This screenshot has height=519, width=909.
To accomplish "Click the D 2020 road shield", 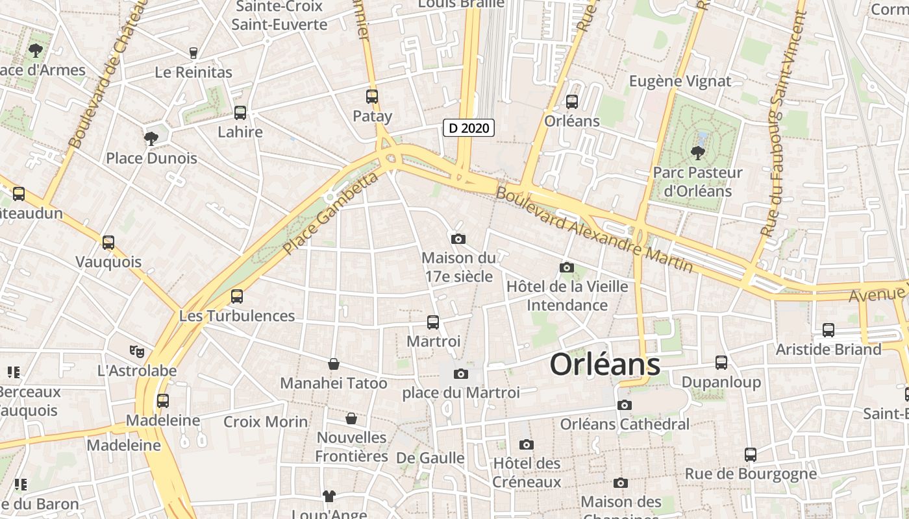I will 469,128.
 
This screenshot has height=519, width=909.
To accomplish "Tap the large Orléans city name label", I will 605,365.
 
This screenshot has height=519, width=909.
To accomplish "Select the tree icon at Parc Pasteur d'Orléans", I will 698,153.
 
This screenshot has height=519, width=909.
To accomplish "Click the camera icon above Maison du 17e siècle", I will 458,239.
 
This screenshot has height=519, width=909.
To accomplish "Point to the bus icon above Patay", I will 372,97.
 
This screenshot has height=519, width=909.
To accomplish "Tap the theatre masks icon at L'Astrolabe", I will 136,352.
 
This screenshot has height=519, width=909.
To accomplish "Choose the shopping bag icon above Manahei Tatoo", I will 334,364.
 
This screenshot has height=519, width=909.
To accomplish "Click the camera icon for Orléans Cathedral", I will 625,405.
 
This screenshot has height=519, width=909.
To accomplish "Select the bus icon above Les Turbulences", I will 237,296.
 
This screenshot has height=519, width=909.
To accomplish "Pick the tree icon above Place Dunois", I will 151,138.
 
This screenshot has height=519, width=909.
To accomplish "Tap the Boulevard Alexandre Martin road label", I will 594,229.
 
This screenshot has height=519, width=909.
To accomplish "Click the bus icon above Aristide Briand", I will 828,330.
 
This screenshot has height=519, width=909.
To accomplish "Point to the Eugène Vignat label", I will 680,81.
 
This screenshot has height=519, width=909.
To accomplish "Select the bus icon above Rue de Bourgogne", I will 751,454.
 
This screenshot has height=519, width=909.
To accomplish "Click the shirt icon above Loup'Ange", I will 329,496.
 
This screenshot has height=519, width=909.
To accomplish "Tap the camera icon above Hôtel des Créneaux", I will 527,444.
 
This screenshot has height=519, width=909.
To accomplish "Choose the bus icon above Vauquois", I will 108,243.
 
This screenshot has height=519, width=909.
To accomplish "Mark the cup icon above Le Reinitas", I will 193,53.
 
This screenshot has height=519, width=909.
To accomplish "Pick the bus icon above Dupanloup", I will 721,363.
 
